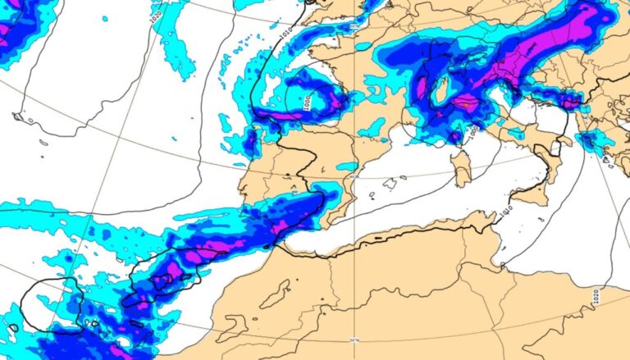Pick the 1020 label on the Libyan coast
[596, 294]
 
